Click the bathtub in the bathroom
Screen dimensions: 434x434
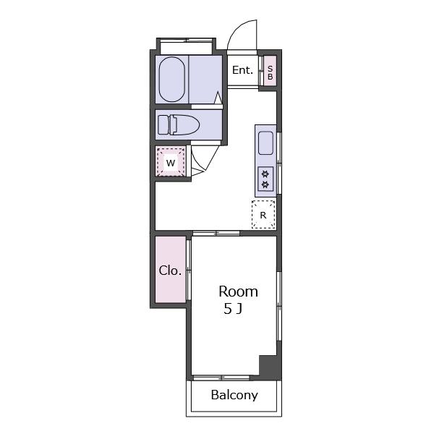[172, 80]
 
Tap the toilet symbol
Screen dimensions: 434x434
[179, 125]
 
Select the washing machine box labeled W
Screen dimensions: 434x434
[171, 162]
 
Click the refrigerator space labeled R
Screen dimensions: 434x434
[263, 215]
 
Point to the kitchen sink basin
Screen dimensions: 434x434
[265, 143]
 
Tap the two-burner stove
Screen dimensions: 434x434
[265, 179]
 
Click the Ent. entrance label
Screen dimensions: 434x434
[243, 70]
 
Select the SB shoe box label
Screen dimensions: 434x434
[270, 73]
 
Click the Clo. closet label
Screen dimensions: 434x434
[170, 271]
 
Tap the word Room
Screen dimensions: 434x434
[238, 292]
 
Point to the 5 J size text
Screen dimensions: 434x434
[233, 309]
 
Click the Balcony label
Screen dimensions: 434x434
[234, 395]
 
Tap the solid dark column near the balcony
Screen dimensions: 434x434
[270, 367]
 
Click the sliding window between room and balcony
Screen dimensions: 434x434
[221, 378]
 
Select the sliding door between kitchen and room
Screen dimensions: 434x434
[216, 233]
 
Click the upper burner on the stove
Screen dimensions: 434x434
[265, 174]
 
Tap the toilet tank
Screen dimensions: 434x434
[163, 125]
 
